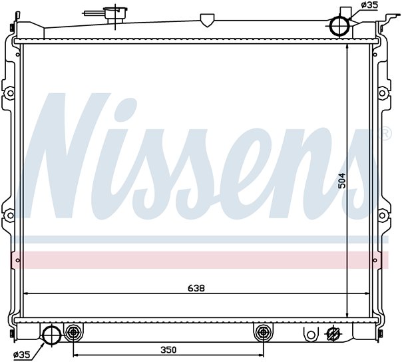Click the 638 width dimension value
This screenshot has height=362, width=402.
(x=196, y=288)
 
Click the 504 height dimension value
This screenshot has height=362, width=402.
(x=341, y=181)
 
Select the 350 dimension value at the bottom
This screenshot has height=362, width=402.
(x=168, y=350)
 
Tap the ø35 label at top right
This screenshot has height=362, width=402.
(x=369, y=5)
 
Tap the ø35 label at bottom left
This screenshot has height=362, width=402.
(x=22, y=355)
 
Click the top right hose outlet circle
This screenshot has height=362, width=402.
(x=339, y=26)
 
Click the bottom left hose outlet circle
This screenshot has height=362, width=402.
(x=51, y=335)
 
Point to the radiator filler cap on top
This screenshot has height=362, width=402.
(x=115, y=12)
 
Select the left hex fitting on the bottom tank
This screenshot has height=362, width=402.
(x=73, y=332)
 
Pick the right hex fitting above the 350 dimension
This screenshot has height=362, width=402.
(x=263, y=332)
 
